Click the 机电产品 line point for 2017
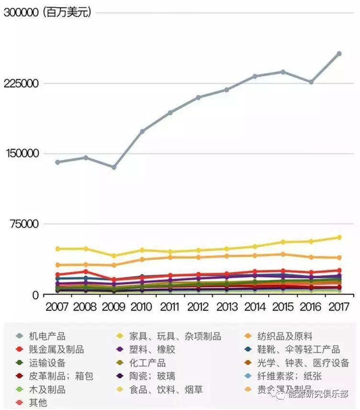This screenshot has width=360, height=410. (339, 54)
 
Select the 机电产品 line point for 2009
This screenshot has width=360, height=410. (114, 167)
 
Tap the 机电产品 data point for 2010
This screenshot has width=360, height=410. (142, 131)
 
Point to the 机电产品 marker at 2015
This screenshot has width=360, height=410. (283, 72)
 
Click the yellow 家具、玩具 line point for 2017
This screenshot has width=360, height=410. (339, 237)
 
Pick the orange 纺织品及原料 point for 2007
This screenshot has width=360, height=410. (58, 265)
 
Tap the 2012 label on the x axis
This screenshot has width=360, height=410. (198, 307)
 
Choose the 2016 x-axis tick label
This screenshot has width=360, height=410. (311, 307)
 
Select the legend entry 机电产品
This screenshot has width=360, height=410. (47, 336)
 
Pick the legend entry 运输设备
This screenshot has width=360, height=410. (47, 363)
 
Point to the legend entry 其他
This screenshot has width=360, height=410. (38, 402)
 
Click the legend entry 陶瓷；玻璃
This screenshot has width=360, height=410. (152, 376)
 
